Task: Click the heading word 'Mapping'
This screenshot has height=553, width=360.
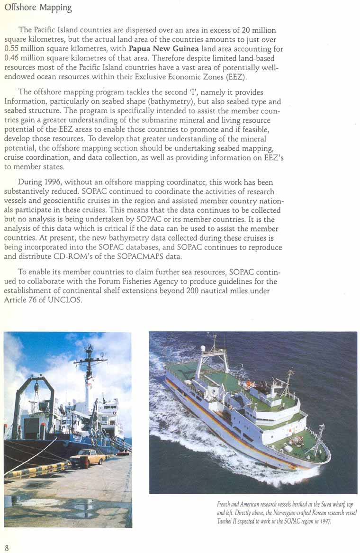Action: point(55,9)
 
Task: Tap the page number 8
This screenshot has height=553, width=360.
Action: point(7,547)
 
